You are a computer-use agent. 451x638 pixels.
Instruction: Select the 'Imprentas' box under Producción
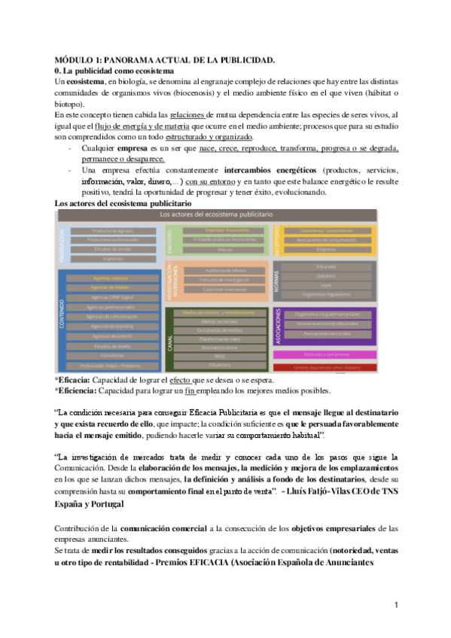(x=107, y=258)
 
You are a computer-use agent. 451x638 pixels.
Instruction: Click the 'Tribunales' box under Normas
(x=326, y=266)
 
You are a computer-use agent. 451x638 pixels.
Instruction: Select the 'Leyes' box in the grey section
(x=326, y=284)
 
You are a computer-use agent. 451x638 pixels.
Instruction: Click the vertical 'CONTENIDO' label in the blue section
(x=63, y=320)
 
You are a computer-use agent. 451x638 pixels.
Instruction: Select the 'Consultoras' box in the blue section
(x=107, y=354)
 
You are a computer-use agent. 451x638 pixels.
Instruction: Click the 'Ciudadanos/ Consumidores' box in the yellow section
(x=326, y=230)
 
